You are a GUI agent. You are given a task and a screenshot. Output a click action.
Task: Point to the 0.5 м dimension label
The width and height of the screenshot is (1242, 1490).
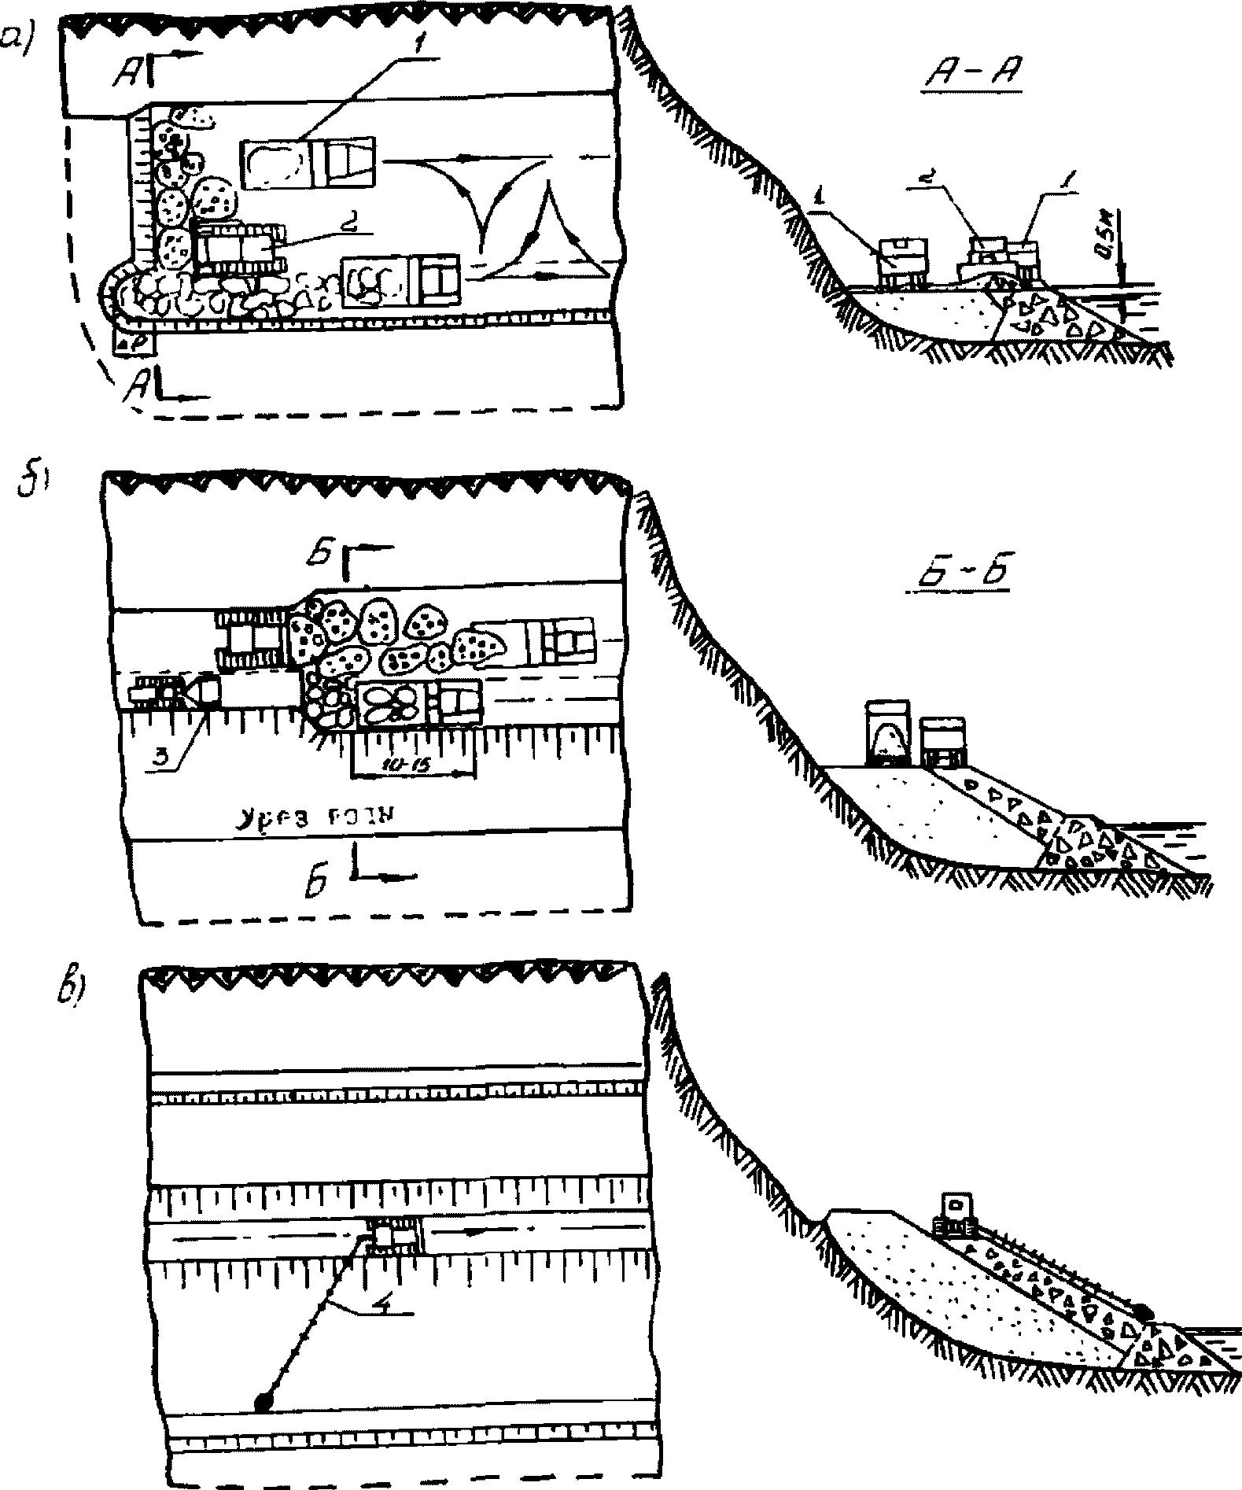coord(1108,242)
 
